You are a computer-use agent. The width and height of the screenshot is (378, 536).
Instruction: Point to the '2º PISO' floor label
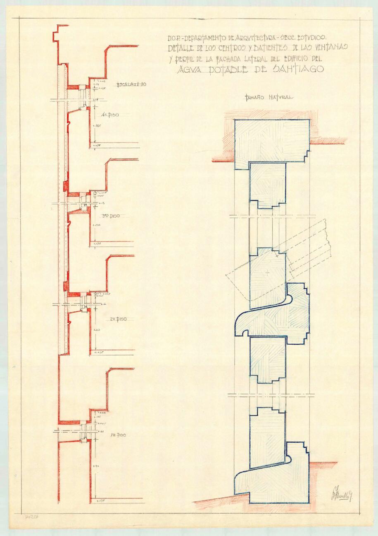[118, 319]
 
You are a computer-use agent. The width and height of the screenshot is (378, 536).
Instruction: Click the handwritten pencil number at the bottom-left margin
[31, 517]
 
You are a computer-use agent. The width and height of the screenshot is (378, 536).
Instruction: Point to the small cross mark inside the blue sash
[268, 273]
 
